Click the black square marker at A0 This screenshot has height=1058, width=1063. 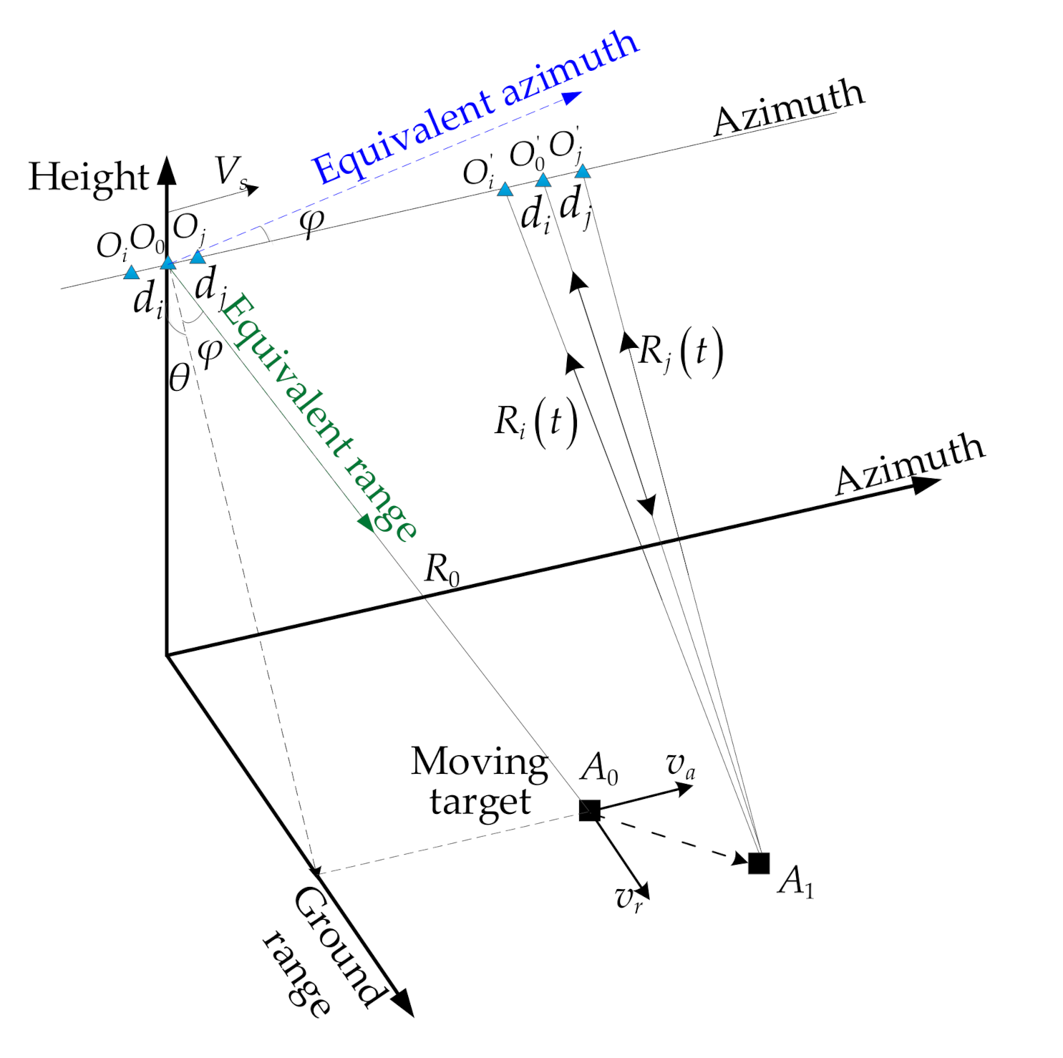click(589, 810)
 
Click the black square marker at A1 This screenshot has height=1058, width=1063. click(759, 863)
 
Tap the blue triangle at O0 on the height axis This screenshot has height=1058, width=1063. click(168, 263)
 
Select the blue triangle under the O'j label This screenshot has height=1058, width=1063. click(583, 172)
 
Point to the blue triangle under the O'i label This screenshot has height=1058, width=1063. click(505, 190)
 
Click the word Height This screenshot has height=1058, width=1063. click(88, 177)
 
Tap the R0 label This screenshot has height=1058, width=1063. click(442, 570)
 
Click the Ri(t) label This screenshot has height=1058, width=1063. click(535, 422)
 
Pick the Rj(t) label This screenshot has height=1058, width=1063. click(680, 352)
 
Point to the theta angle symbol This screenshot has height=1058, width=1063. click(180, 377)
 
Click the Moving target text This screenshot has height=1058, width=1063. click(480, 782)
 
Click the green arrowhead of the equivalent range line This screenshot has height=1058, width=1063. click(367, 522)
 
